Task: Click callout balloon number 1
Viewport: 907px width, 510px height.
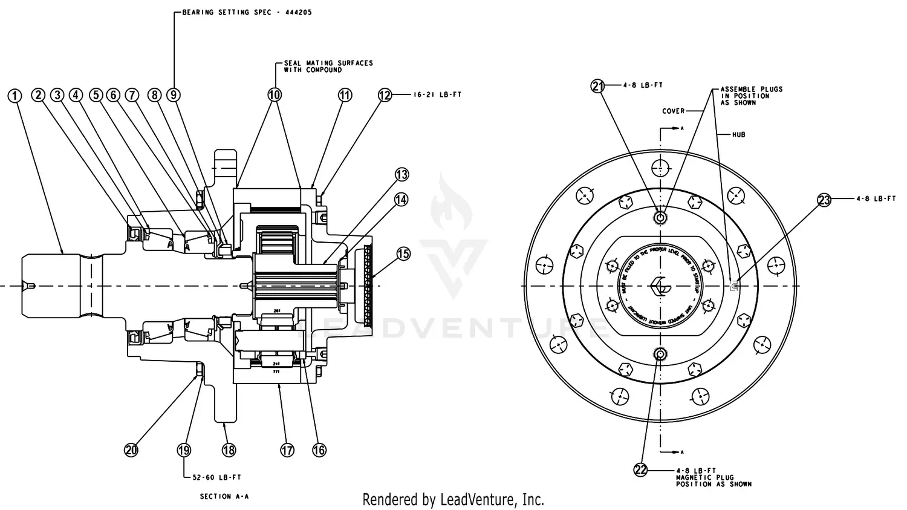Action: tap(15, 96)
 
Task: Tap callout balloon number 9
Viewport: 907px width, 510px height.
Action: tap(174, 95)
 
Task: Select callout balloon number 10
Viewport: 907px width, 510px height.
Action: tap(275, 95)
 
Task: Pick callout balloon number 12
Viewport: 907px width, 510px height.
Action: tap(385, 95)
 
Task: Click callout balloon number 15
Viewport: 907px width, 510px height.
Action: tap(403, 253)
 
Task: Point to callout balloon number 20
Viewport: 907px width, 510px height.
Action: tap(131, 450)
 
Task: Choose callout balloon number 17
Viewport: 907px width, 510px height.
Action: tap(287, 450)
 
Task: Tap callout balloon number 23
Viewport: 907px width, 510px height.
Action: tap(825, 200)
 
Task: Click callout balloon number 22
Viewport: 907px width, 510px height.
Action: tap(641, 470)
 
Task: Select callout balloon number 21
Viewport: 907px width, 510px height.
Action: tap(597, 86)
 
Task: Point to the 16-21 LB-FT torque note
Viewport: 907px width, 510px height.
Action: tap(437, 95)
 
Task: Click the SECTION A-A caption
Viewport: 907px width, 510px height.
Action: tap(224, 496)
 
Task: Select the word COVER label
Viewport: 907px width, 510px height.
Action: tap(673, 111)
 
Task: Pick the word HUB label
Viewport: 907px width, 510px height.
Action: tap(738, 135)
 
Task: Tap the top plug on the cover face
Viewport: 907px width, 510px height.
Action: tap(660, 217)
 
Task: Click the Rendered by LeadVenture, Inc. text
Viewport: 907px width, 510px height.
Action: tap(453, 500)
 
